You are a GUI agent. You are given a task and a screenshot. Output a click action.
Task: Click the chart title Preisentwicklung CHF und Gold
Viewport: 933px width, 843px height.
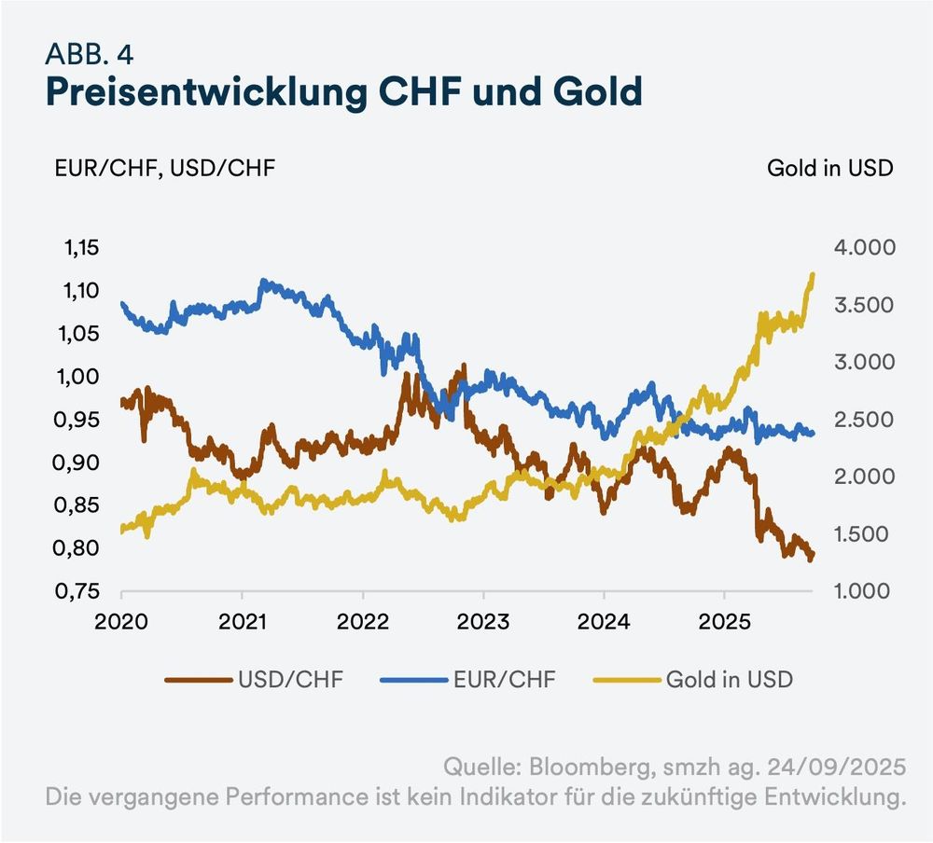(344, 93)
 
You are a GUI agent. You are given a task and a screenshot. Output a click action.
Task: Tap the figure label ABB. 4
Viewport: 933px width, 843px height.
(89, 54)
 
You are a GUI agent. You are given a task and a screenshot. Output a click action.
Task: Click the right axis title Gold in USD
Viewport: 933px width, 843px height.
(829, 168)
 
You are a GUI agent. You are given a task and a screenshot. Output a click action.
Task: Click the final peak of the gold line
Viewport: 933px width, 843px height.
(813, 275)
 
